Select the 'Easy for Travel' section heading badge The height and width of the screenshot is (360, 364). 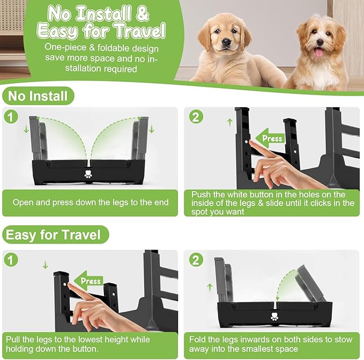click(53, 235)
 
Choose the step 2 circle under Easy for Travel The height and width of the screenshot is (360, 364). click(197, 260)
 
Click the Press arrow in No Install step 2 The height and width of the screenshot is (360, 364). click(270, 138)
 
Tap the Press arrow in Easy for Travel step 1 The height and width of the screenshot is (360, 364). click(88, 281)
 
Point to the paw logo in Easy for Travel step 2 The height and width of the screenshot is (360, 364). click(276, 317)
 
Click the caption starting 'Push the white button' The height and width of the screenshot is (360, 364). click(272, 203)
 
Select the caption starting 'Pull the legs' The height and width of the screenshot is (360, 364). click(78, 344)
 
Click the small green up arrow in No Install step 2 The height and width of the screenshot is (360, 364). click(230, 122)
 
